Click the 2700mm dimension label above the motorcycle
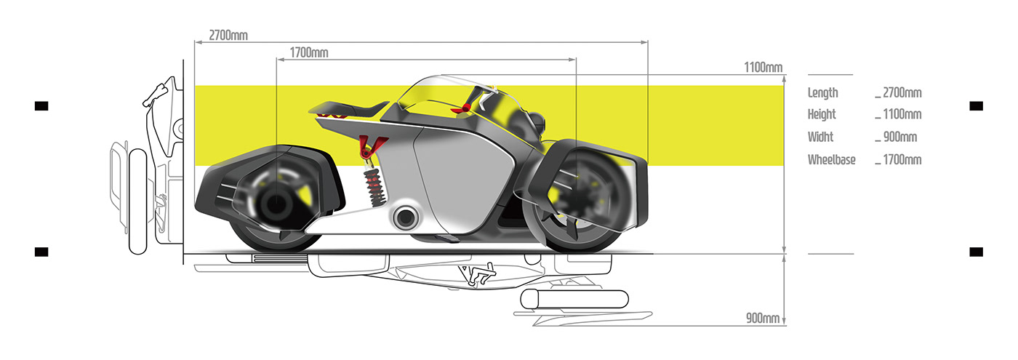click(228, 35)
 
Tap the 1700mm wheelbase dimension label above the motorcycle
click(309, 52)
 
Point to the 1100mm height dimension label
click(763, 68)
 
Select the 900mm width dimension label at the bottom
click(763, 318)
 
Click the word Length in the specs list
click(822, 93)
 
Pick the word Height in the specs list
click(822, 115)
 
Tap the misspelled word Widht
click(820, 137)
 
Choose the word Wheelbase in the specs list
click(831, 160)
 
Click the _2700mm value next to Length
click(899, 93)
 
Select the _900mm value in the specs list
click(896, 137)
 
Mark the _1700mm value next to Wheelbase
click(899, 160)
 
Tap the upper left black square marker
click(41, 106)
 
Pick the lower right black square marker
click(976, 252)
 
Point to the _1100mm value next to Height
click(899, 115)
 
